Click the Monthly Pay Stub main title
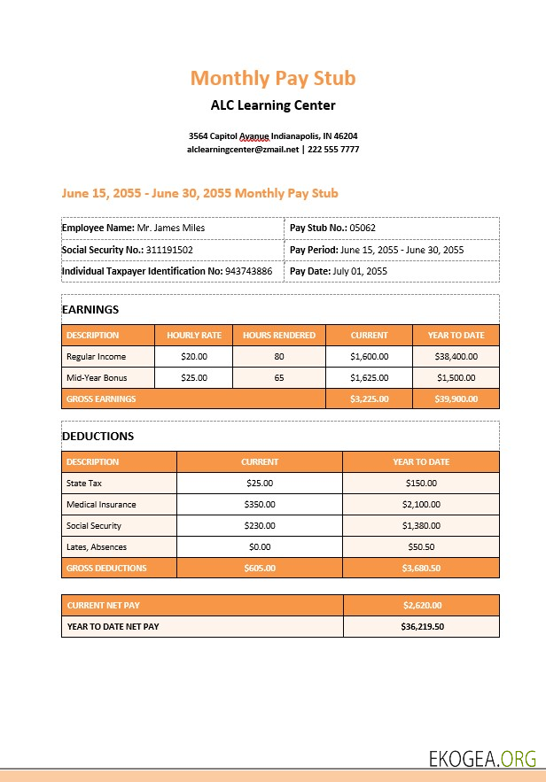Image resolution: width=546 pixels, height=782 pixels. click(273, 78)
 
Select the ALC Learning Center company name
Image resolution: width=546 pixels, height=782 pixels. click(273, 105)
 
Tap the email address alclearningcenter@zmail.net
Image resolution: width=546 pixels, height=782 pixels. click(243, 150)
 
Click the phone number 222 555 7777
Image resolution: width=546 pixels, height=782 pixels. click(333, 150)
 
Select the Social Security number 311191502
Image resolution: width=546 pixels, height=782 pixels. click(169, 250)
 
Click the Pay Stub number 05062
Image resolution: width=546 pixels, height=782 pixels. click(363, 228)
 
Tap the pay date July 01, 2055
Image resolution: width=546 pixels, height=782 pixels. click(360, 271)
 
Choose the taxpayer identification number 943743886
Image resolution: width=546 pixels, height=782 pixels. click(248, 271)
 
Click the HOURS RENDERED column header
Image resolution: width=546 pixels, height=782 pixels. click(279, 336)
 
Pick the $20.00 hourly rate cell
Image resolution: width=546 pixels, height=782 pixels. click(193, 357)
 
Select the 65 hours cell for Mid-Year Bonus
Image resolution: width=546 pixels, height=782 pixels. click(279, 377)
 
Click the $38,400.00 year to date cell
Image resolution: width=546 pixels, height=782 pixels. click(456, 357)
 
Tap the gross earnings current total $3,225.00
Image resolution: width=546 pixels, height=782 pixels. click(369, 399)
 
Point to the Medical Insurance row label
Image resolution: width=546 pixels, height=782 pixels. click(101, 505)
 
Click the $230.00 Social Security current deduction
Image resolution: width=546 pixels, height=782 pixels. click(260, 526)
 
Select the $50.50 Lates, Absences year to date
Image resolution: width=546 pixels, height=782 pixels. click(421, 547)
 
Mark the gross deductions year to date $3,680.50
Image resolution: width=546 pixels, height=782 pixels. click(421, 569)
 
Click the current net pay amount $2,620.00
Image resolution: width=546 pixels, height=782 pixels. click(421, 606)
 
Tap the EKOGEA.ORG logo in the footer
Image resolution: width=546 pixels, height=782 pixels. click(482, 758)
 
